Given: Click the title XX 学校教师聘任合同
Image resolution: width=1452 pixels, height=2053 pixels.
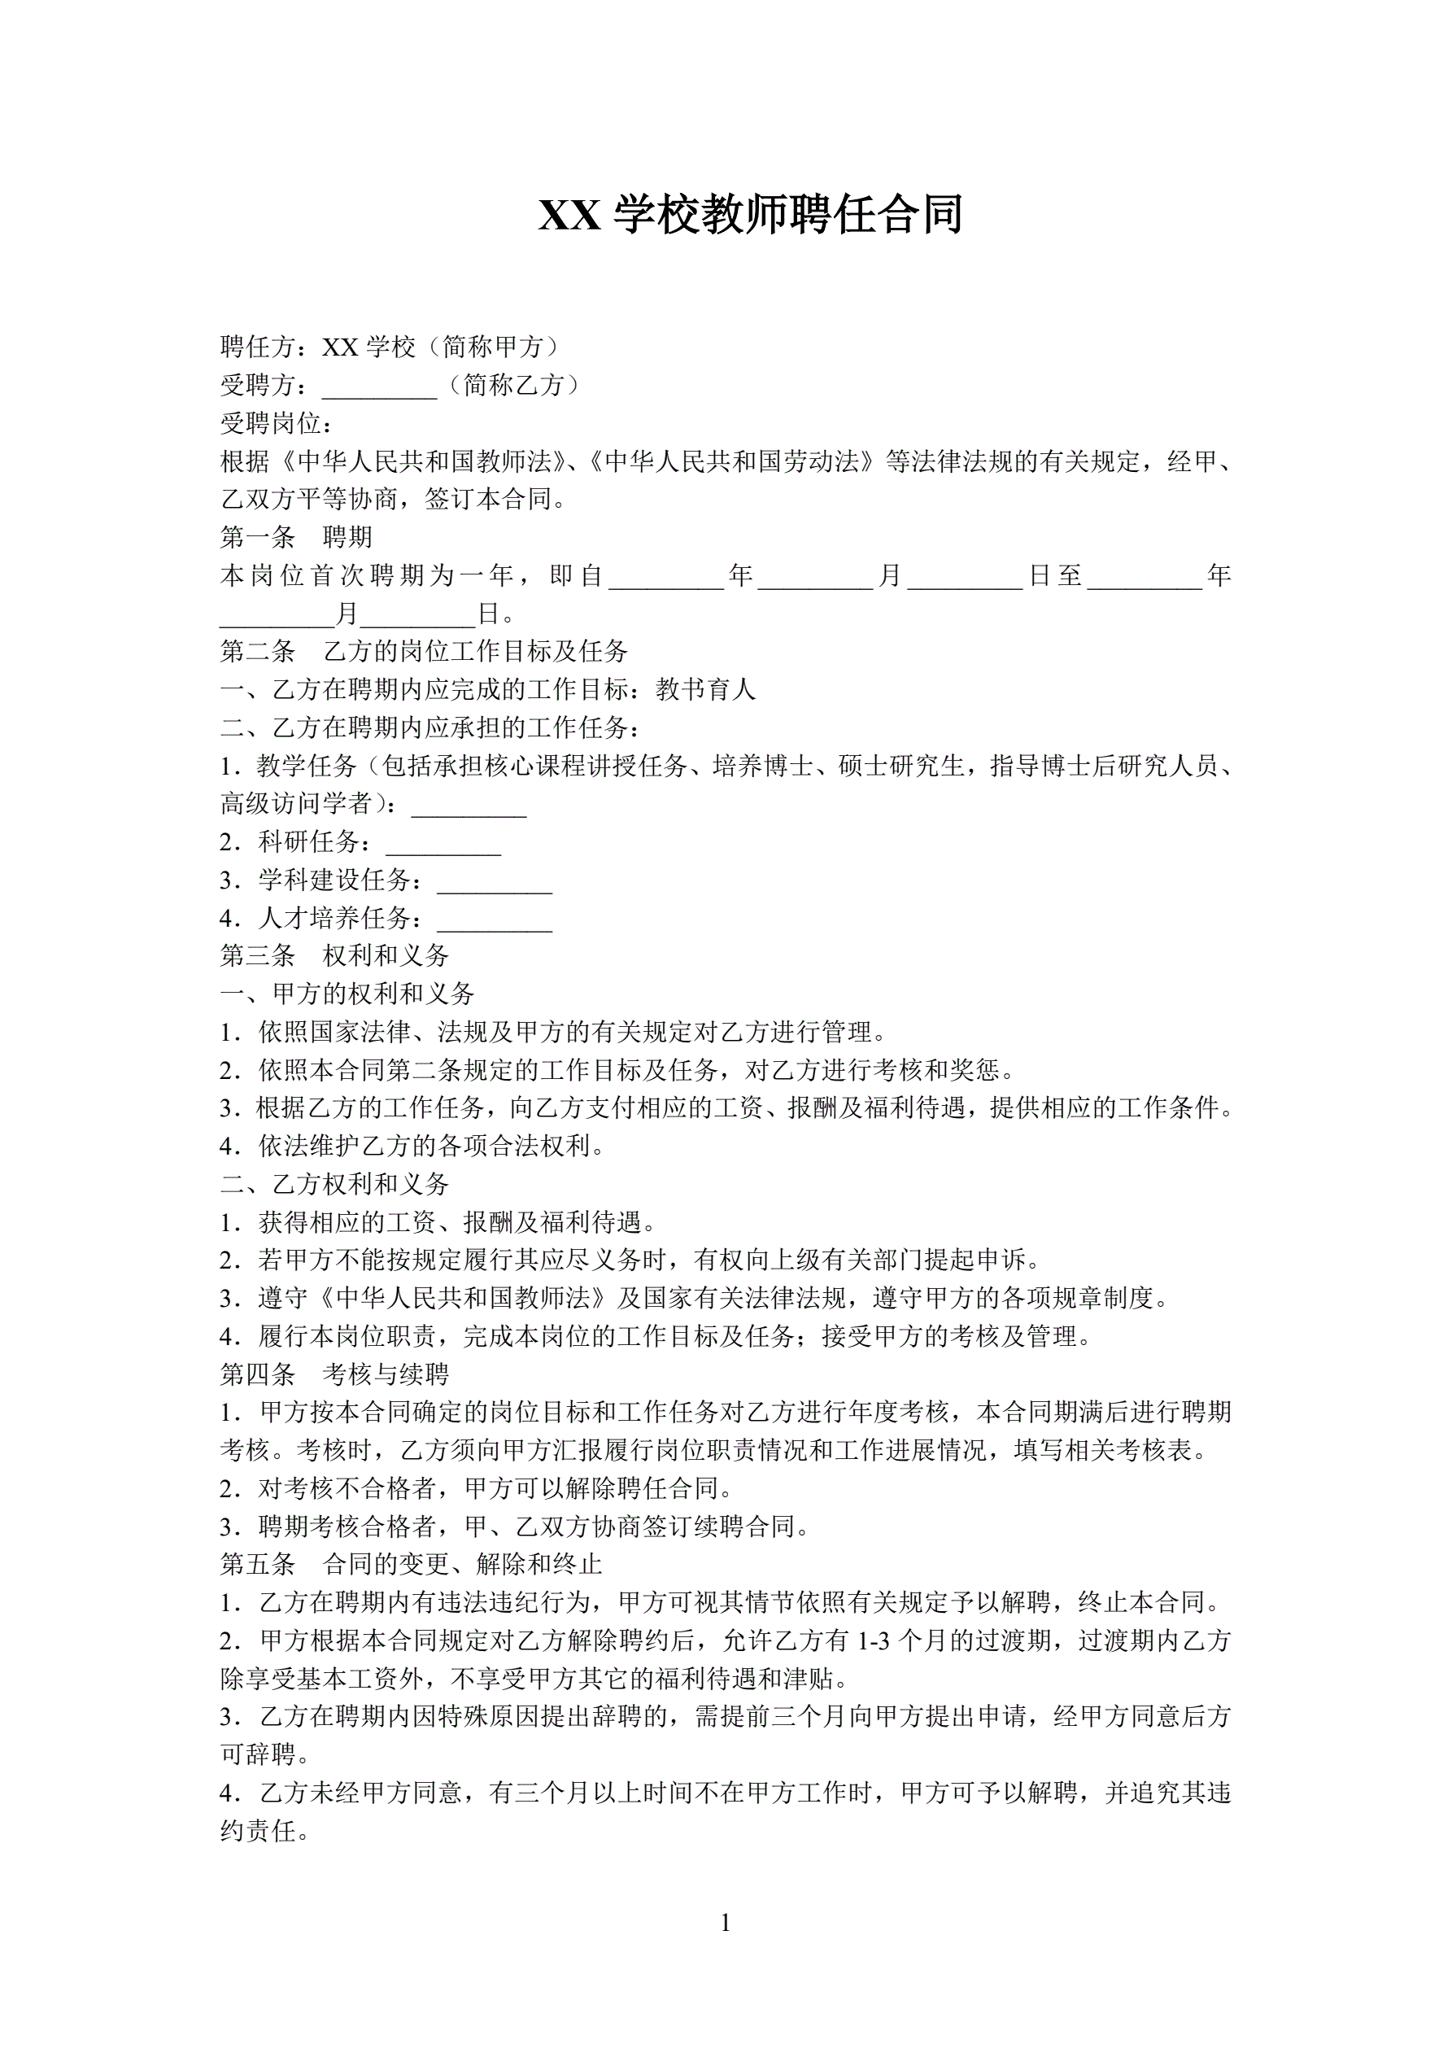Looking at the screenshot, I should tap(749, 216).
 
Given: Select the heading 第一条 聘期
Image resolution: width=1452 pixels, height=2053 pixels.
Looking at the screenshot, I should tap(296, 537).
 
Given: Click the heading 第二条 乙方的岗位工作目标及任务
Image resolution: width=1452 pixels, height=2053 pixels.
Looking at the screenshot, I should tap(424, 652).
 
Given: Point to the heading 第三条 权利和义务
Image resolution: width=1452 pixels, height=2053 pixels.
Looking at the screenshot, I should tap(334, 956).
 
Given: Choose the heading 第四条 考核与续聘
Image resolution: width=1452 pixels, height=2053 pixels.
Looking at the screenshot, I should tap(334, 1374).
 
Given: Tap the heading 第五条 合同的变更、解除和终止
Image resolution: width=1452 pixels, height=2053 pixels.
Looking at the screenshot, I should tap(412, 1564).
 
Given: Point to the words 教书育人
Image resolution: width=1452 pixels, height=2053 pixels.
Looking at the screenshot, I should tap(705, 689).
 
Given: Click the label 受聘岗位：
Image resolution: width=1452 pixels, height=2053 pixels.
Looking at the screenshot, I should tap(277, 423).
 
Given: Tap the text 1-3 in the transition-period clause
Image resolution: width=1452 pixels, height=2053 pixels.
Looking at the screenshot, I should tap(874, 1640).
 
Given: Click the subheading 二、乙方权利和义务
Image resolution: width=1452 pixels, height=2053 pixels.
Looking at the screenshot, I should tap(334, 1184).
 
